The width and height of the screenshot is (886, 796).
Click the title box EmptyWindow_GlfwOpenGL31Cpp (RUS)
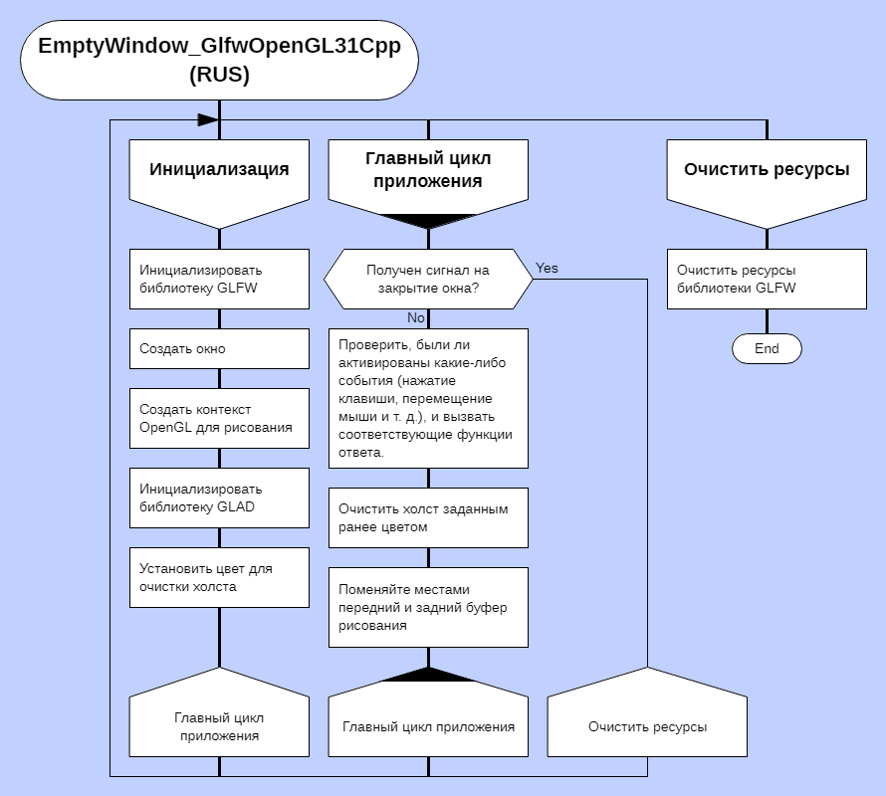coord(219,61)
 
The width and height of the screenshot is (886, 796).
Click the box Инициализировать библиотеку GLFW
coord(219,279)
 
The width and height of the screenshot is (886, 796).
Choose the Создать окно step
coord(219,349)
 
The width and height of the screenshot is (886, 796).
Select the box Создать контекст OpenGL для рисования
coord(219,419)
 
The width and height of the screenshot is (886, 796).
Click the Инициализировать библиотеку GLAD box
coord(219,498)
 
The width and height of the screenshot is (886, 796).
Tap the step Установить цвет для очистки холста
coord(219,578)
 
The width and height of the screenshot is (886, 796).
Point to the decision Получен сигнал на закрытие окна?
coord(428,279)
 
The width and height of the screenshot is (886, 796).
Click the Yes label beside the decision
coord(548,269)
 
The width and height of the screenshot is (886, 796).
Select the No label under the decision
coord(416,317)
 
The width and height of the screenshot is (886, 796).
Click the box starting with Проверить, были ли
coord(428,398)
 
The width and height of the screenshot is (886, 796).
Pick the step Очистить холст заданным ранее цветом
coord(428,517)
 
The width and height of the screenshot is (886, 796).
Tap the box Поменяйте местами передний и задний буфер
coord(428,608)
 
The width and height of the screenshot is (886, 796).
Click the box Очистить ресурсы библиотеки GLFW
coord(767,279)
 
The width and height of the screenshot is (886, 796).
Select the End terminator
coord(767,349)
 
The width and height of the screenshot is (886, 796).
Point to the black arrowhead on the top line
coord(207,119)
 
